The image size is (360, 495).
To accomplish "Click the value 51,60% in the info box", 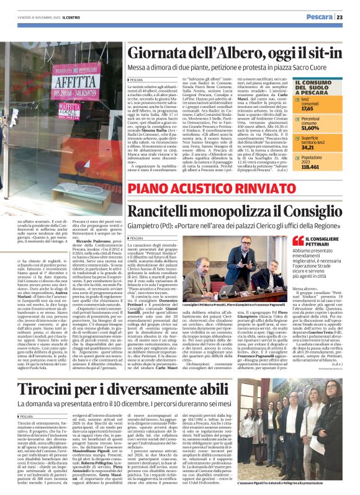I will point(310,127).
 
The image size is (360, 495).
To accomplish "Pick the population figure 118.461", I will point(310,167).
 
